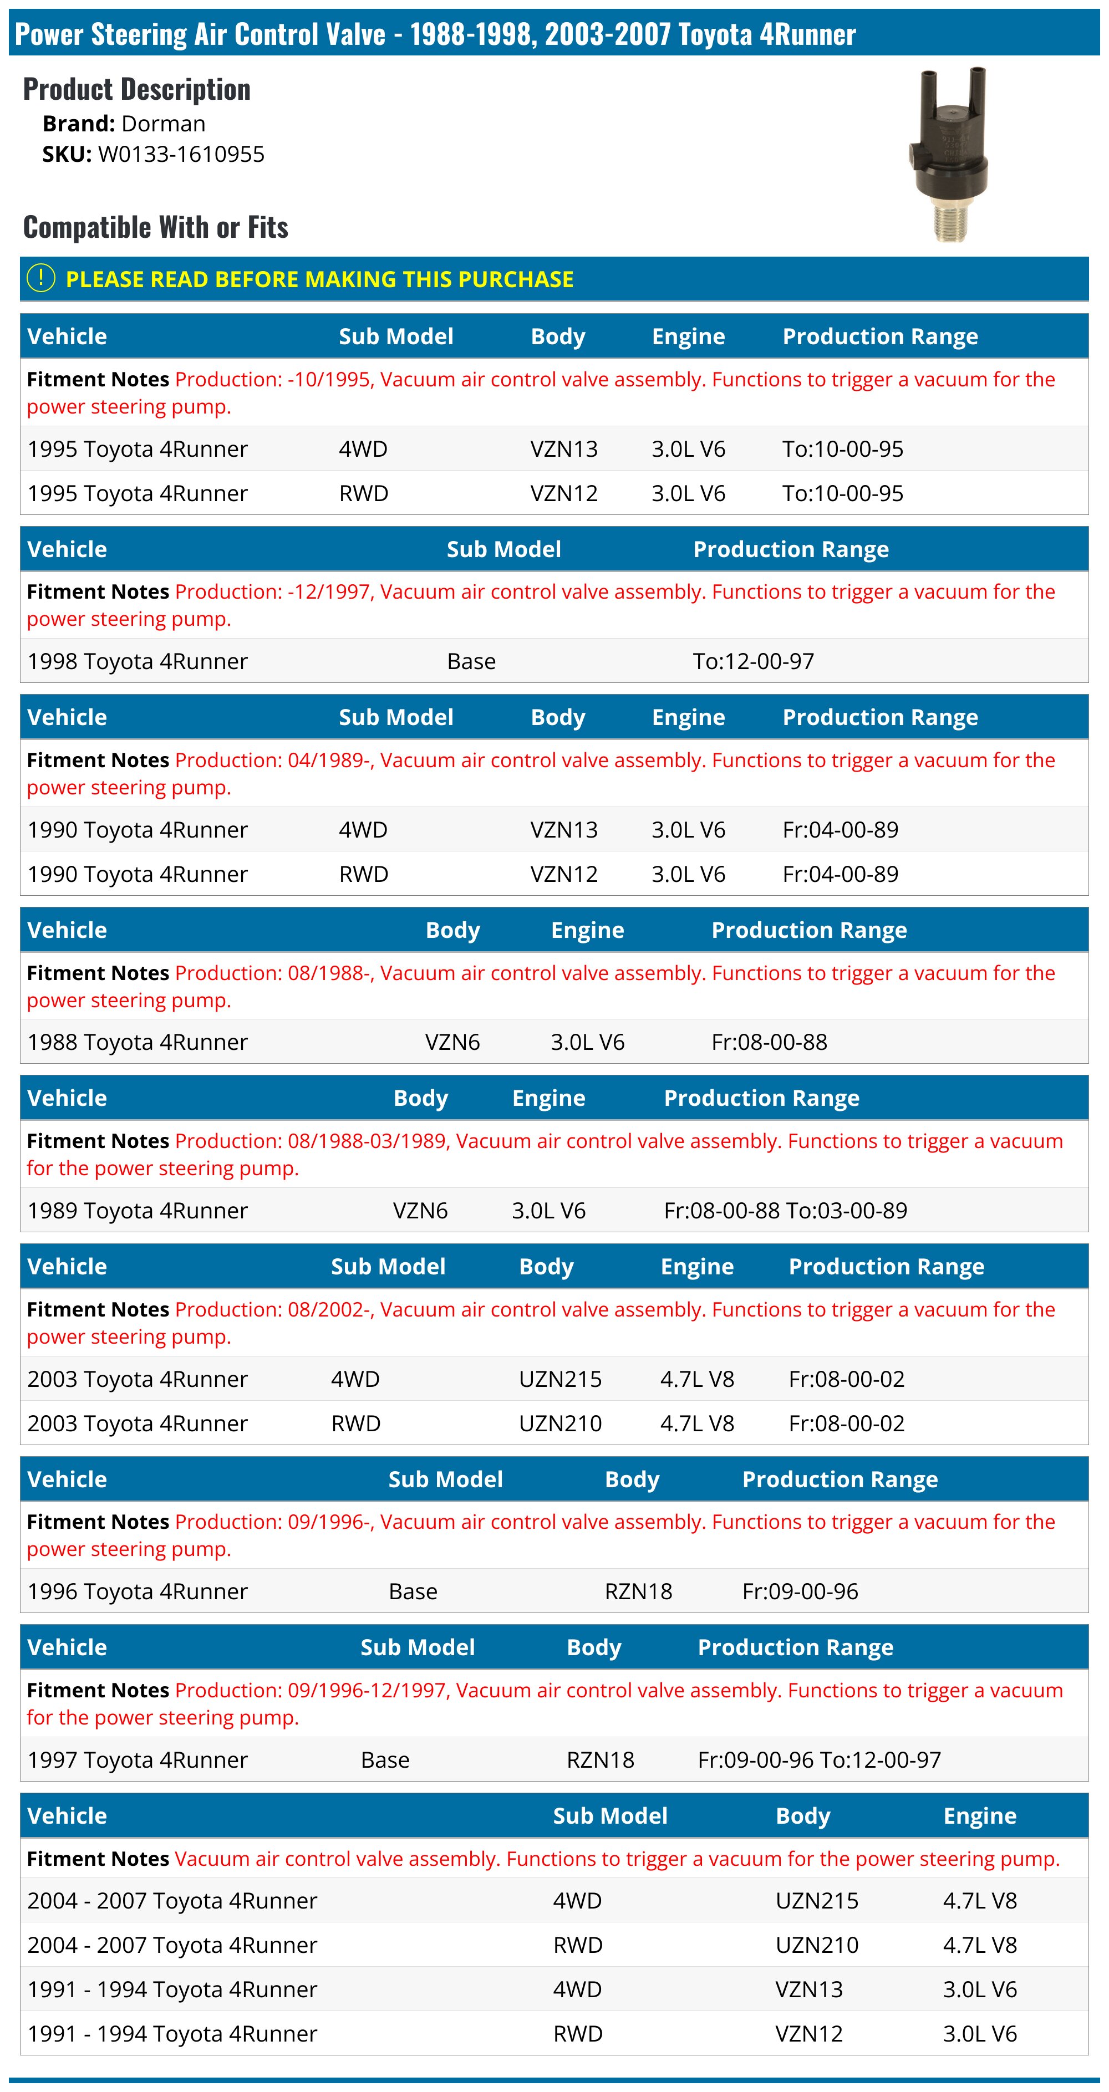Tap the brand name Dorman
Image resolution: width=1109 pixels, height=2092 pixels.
pos(162,124)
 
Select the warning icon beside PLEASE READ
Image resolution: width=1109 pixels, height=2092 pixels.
pos(40,279)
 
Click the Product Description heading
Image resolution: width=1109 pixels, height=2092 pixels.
pos(136,89)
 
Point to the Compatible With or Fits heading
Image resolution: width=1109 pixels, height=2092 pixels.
pos(155,227)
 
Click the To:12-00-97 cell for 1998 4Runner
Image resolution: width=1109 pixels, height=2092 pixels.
pos(752,661)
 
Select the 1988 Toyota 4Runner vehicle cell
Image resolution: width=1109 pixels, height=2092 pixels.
pos(138,1042)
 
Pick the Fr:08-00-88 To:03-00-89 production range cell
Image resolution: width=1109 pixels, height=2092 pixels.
pos(785,1210)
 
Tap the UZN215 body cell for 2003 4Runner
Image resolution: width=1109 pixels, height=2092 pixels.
pos(560,1379)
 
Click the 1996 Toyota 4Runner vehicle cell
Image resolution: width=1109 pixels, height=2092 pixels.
pos(138,1591)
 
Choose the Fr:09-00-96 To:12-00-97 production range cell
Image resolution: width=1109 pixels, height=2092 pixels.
pos(819,1760)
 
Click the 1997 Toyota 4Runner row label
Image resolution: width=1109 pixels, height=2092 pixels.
pos(138,1760)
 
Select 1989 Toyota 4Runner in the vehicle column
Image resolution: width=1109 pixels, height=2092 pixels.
pos(138,1210)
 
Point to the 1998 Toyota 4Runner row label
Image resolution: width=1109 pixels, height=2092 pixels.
pos(138,661)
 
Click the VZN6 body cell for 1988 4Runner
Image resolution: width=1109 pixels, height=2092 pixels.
pos(452,1042)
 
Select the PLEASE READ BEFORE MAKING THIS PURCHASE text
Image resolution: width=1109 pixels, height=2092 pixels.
pos(319,279)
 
